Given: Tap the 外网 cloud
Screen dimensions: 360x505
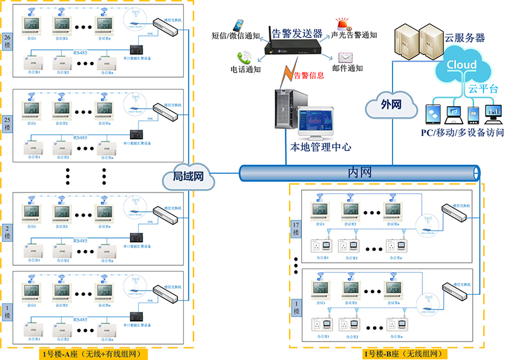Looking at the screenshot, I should click(391, 105).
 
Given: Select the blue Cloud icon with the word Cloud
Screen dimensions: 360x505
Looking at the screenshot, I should click(461, 65).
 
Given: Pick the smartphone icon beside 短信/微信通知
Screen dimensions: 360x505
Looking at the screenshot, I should click(238, 25).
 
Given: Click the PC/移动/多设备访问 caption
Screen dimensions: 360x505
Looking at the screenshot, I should click(462, 133).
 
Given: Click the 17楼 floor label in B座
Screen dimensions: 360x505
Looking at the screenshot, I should click(296, 229).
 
